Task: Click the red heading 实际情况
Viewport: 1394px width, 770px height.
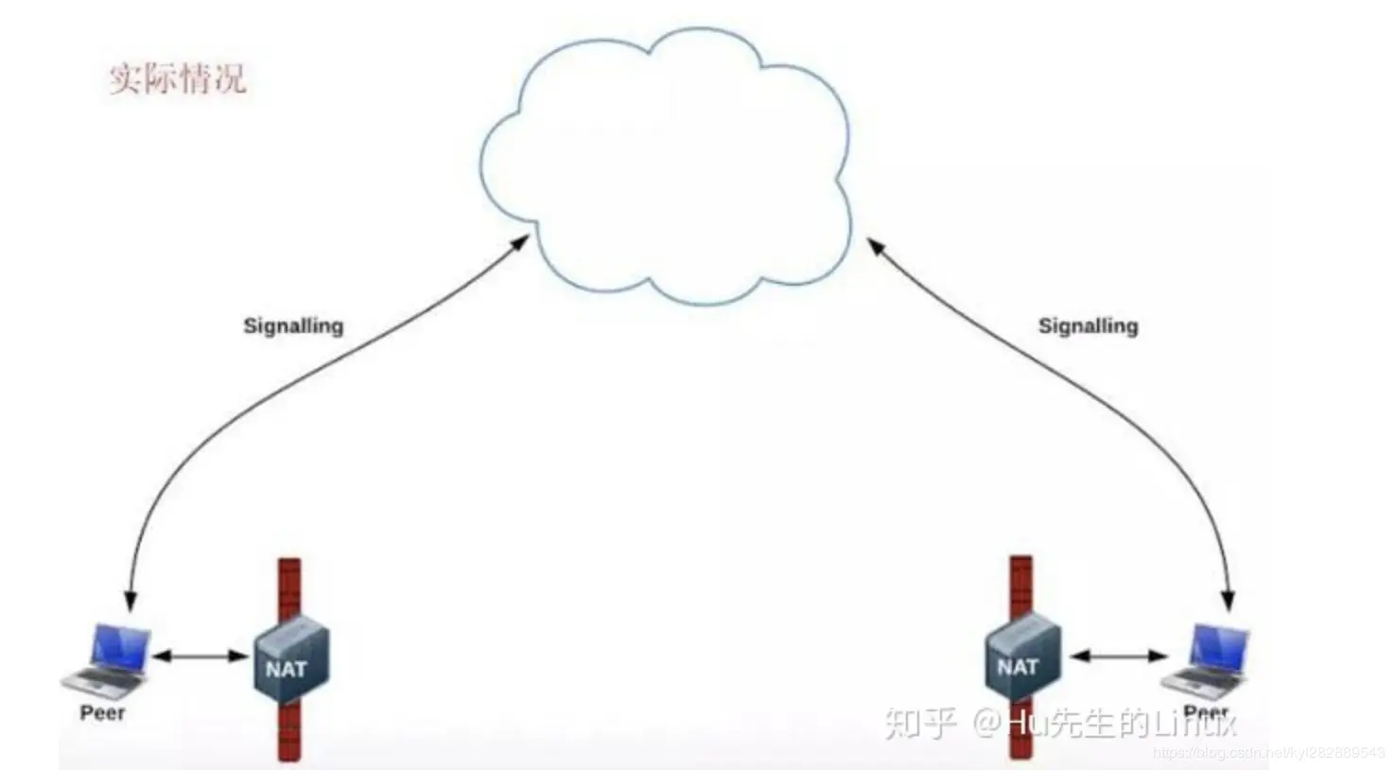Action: click(x=177, y=78)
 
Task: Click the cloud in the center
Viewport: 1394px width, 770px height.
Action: click(x=666, y=170)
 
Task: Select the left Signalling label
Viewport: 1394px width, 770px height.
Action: click(x=293, y=325)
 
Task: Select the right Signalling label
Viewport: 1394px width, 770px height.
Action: click(x=1088, y=325)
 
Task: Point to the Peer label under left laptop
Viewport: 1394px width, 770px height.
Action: click(x=102, y=713)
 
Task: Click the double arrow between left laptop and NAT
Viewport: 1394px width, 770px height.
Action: click(x=200, y=656)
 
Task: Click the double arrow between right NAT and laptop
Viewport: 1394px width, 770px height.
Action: click(x=1119, y=656)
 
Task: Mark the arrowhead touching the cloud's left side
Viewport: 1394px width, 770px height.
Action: click(x=519, y=242)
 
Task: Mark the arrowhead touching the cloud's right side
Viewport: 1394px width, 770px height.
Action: click(x=876, y=245)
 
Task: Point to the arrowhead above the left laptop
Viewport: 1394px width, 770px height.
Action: click(x=131, y=602)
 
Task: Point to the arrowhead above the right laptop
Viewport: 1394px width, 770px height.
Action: click(x=1228, y=600)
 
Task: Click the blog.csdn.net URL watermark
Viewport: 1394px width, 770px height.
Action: click(x=1267, y=753)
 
